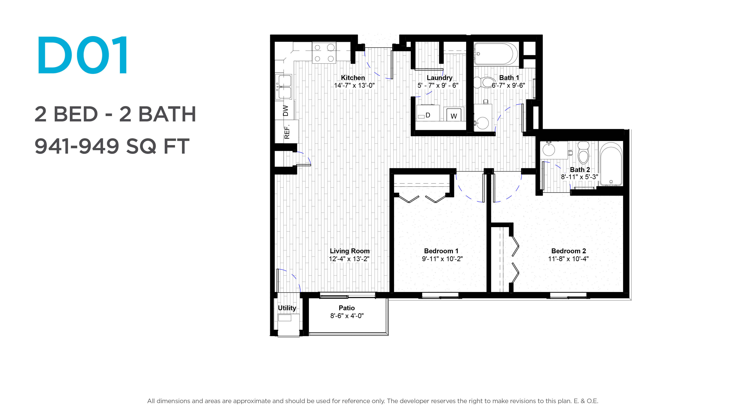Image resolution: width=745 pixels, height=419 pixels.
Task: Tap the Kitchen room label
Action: coord(353,78)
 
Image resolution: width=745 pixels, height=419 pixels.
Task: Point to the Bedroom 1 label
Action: coord(441,251)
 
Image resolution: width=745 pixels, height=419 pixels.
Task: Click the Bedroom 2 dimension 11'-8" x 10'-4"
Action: coord(568,259)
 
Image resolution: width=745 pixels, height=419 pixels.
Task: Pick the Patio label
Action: coord(347,308)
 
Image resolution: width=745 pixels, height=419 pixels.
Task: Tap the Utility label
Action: coord(287,308)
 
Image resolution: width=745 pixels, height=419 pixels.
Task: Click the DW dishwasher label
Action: coord(285,110)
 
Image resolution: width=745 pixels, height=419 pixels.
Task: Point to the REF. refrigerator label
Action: coord(287,132)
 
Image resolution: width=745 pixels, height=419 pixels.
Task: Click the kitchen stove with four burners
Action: coord(324,53)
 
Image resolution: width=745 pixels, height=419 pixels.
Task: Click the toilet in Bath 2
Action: coord(583,153)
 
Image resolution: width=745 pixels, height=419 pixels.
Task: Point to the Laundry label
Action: coord(439,78)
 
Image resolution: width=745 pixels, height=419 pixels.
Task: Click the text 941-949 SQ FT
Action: coord(112,146)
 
